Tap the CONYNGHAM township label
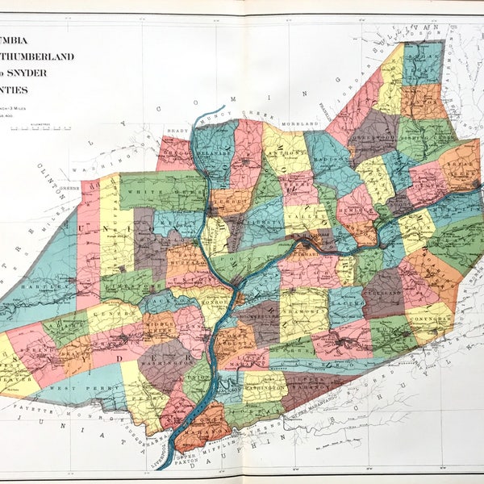[x=424, y=317]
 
